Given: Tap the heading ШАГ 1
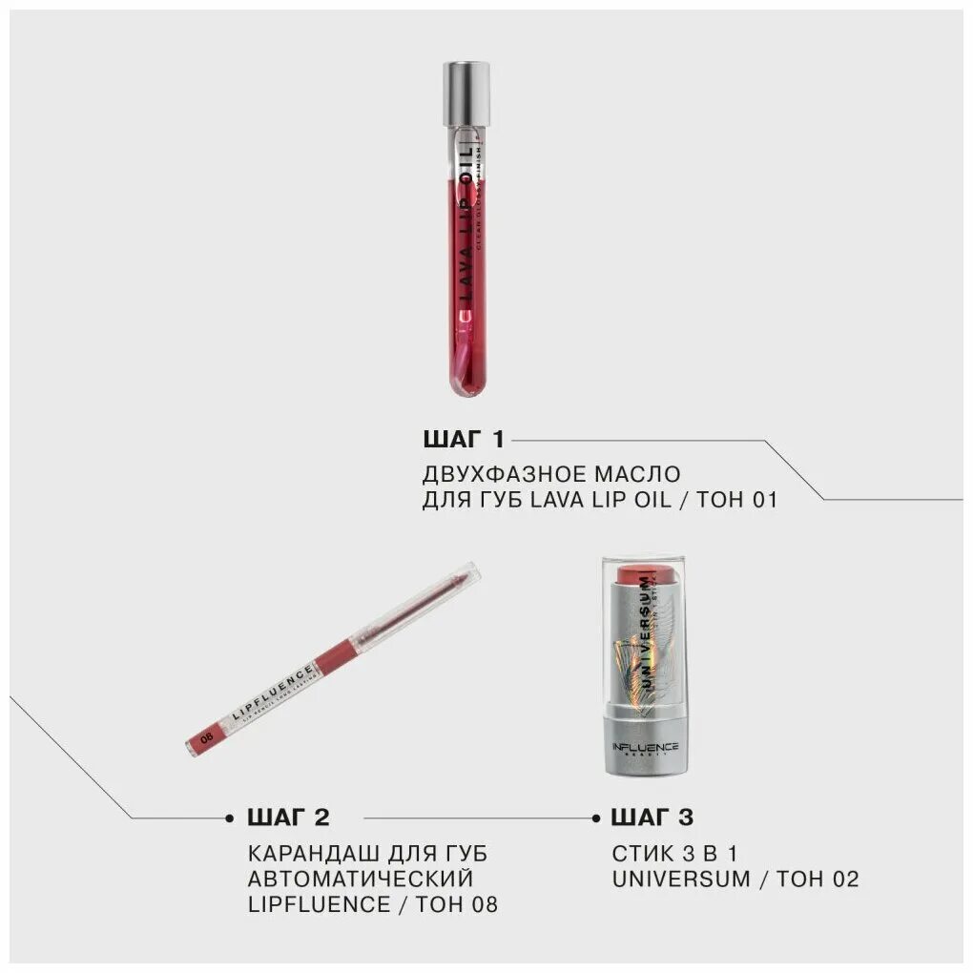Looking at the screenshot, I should point(463,440).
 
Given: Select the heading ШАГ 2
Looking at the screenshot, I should point(288,818).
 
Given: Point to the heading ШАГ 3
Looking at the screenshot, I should point(652,818).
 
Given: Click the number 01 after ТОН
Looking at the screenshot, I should point(764,499).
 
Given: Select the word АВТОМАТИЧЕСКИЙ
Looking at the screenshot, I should point(360,879).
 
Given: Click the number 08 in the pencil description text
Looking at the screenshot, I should point(483,904).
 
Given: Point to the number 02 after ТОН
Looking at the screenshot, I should point(844,879).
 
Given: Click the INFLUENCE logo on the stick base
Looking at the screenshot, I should point(646,747).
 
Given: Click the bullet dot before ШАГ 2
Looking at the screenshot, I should point(230,818).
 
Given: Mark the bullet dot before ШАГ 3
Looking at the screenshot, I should point(595,818).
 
